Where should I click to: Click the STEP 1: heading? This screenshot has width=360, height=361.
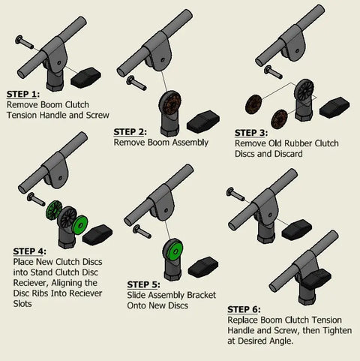pyautogui.click(x=22, y=95)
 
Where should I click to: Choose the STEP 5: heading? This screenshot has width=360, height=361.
pyautogui.click(x=143, y=284)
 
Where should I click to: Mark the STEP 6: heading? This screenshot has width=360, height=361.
pyautogui.click(x=244, y=308)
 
